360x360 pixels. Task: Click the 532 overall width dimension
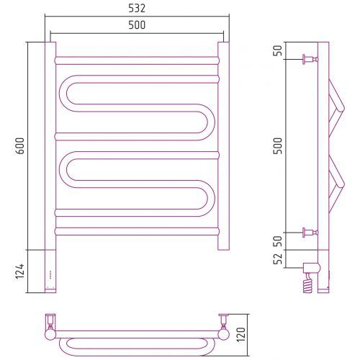(x=137, y=9)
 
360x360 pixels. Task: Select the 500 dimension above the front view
(x=137, y=25)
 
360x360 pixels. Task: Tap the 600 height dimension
(x=20, y=145)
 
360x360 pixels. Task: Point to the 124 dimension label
(x=20, y=271)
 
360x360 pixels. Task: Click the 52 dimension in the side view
(x=278, y=258)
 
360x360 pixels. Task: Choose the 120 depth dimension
(x=241, y=334)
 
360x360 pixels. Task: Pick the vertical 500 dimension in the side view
(x=278, y=145)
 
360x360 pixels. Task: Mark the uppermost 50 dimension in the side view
(x=278, y=50)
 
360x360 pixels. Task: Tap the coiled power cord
(x=308, y=286)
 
